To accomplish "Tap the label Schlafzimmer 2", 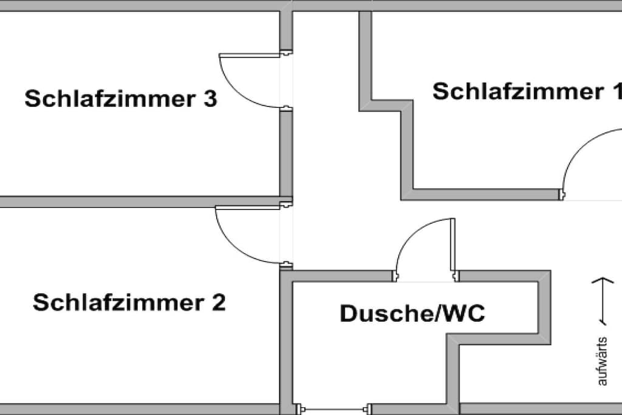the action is coord(129,303).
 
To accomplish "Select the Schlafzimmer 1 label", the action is coord(527,91).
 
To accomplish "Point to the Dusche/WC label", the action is coord(412,313).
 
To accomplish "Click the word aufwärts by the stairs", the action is coord(602,361).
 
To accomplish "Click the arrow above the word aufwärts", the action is coord(603,301).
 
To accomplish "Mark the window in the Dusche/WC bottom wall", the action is coord(334,409).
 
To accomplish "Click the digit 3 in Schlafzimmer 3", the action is coord(210,98).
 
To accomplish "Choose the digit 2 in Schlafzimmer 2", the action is coord(219,303).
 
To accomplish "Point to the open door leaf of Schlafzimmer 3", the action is coord(250,55).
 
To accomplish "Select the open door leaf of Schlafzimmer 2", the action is coord(248,208).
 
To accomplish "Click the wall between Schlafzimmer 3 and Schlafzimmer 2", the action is coord(140,202).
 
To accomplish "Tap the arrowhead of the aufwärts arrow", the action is coord(603,280).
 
